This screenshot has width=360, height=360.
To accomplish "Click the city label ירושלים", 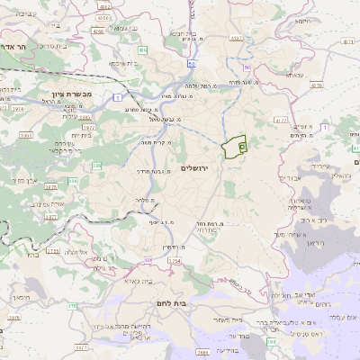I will click(x=200, y=168).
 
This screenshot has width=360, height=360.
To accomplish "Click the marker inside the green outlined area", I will click(x=241, y=146).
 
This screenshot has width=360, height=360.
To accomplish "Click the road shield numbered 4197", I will click(x=237, y=39).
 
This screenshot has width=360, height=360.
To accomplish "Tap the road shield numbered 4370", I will click(x=316, y=85).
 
